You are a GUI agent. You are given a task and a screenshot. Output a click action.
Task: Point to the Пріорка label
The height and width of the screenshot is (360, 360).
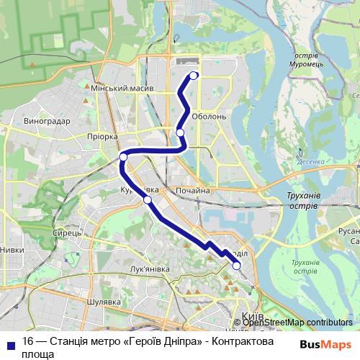tap(101, 136)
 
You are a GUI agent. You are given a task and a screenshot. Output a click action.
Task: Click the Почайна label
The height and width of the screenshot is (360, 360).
tap(192, 191)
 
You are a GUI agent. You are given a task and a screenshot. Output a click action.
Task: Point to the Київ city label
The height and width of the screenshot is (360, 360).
tap(253, 316)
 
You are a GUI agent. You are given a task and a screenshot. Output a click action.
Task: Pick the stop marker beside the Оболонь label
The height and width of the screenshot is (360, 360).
tap(180, 132)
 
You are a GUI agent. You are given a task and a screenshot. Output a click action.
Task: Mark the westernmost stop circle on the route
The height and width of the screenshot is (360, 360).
tap(123, 156)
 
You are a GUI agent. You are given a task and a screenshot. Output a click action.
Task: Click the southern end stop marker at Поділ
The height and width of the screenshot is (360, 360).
tap(236, 266)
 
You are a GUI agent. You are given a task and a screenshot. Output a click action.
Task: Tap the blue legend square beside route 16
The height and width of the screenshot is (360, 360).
tap(11, 343)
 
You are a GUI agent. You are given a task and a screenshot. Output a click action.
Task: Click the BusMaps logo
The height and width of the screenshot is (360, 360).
tap(325, 343)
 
